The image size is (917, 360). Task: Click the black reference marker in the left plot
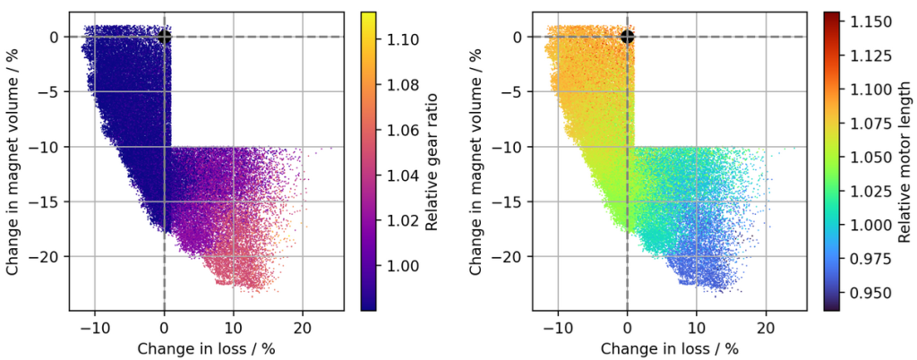pos(164,37)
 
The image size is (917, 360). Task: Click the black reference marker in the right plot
pos(627,37)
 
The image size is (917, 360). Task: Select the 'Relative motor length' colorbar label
pos(903,161)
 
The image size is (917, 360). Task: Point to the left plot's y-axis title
pos(13,161)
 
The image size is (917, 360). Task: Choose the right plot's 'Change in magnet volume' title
pos(476,161)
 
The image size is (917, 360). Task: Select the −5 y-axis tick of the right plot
pos(516,91)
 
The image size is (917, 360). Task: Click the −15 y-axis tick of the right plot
pos(512,201)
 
